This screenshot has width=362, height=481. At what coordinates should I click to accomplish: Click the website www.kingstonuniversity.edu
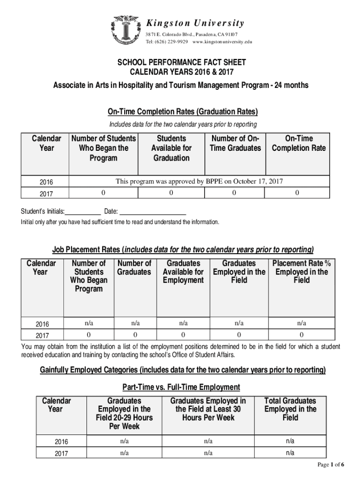[222, 42]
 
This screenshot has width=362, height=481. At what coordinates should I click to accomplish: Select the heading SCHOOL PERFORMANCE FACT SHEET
[181, 62]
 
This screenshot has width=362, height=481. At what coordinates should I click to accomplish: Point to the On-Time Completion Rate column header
[299, 143]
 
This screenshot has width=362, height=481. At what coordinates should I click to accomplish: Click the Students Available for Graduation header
[171, 148]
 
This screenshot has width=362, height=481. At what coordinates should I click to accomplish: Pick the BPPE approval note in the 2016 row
[199, 181]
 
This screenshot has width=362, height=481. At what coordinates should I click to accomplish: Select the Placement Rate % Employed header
[301, 272]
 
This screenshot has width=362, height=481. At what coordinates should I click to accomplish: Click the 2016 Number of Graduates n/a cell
[135, 323]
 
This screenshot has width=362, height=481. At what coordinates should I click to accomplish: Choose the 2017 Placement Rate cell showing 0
[301, 335]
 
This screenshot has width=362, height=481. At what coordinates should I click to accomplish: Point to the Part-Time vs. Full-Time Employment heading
[181, 387]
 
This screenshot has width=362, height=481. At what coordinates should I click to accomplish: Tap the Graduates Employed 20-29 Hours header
[124, 413]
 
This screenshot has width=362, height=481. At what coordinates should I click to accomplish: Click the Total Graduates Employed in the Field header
[290, 409]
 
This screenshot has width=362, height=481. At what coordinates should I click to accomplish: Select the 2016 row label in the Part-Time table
[61, 442]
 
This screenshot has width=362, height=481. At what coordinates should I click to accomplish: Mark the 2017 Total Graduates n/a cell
[290, 453]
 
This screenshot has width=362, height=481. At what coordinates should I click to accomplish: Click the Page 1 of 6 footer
[331, 465]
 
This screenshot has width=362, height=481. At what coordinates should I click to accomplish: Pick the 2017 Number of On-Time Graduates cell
[234, 193]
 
